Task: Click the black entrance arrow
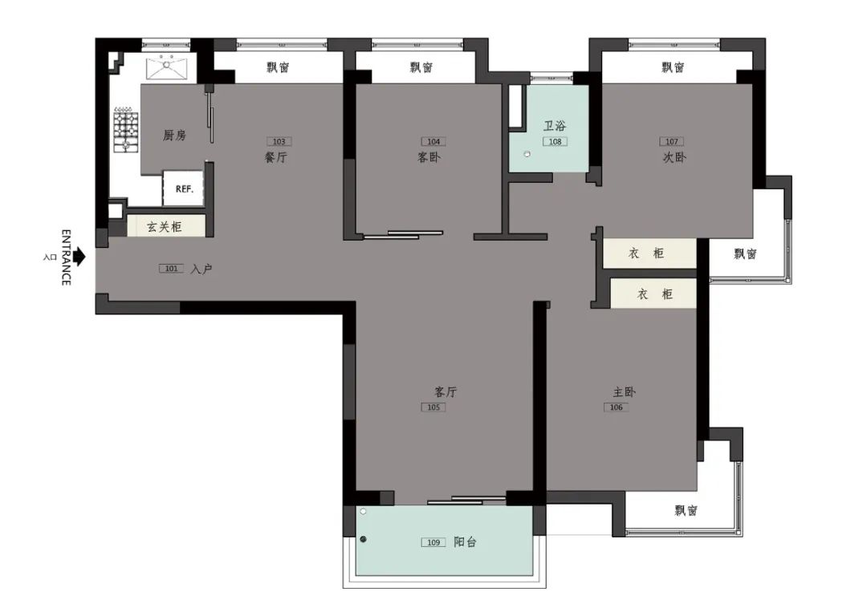[78, 257]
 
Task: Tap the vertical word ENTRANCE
[67, 257]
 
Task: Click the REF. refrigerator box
[184, 190]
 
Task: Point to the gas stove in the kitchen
[124, 128]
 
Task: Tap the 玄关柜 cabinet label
[165, 227]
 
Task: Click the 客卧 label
[429, 158]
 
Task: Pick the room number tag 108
[554, 142]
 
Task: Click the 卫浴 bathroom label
[555, 126]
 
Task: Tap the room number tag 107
[672, 142]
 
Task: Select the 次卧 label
[674, 158]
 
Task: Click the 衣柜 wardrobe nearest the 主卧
[653, 294]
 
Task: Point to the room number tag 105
[433, 407]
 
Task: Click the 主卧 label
[625, 392]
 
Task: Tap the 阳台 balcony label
[465, 542]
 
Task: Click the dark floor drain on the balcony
[364, 540]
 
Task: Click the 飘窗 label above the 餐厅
[278, 68]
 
